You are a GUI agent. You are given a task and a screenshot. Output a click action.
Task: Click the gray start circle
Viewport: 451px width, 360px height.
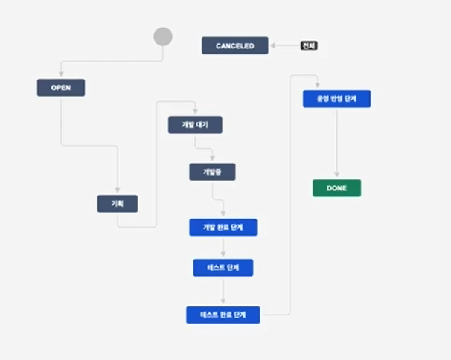pyautogui.click(x=162, y=36)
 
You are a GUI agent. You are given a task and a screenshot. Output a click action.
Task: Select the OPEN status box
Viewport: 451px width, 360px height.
pyautogui.click(x=61, y=88)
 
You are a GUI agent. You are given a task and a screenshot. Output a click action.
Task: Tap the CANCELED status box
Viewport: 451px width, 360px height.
pyautogui.click(x=234, y=46)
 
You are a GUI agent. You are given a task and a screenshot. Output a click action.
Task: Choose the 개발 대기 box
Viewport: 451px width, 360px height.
pyautogui.click(x=196, y=124)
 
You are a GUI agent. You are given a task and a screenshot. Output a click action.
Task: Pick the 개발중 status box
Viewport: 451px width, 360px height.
pyautogui.click(x=212, y=172)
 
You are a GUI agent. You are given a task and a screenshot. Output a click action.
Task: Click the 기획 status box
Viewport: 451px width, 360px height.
pyautogui.click(x=117, y=203)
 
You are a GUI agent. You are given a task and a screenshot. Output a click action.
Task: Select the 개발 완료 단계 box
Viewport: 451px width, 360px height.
pyautogui.click(x=223, y=227)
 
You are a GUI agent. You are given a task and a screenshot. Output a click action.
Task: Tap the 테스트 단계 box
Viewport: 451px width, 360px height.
pyautogui.click(x=223, y=267)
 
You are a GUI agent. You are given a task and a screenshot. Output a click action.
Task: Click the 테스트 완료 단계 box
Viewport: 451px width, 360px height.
pyautogui.click(x=223, y=315)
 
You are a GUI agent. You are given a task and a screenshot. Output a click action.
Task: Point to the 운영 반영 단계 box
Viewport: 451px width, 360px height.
pyautogui.click(x=336, y=99)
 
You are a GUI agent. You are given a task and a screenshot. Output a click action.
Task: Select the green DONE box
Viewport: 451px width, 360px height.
pyautogui.click(x=336, y=188)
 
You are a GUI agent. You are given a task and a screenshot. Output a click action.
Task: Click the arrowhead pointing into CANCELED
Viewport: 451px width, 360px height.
pyautogui.click(x=272, y=46)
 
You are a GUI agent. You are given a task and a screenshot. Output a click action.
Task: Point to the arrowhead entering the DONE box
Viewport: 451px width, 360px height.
pyautogui.click(x=336, y=176)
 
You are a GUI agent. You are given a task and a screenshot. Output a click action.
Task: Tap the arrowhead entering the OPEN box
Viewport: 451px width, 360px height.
pyautogui.click(x=61, y=76)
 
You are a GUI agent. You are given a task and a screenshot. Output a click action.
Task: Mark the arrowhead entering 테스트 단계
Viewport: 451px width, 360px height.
pyautogui.click(x=223, y=255)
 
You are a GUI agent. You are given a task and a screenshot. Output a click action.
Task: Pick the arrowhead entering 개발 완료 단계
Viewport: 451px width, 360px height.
pyautogui.click(x=223, y=215)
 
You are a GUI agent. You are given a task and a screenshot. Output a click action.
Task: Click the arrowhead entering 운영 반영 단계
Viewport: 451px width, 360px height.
pyautogui.click(x=318, y=87)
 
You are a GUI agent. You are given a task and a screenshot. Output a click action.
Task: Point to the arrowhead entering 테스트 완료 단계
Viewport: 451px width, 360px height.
pyautogui.click(x=223, y=303)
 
